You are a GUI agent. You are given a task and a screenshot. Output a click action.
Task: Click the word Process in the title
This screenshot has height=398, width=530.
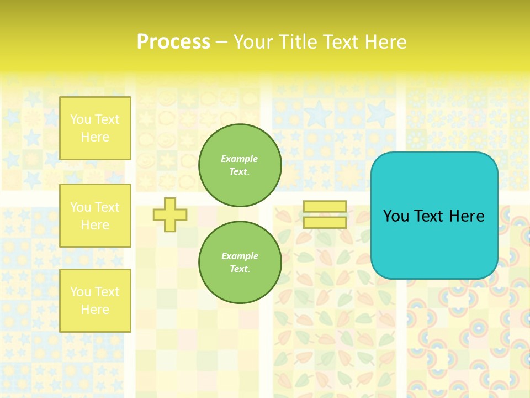tap(173, 41)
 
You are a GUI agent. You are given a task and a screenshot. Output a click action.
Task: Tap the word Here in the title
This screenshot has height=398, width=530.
tap(383, 42)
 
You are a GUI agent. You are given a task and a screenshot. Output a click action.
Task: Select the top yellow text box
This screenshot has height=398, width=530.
tap(95, 128)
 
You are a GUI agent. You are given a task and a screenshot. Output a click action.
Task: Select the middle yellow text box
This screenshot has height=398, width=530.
tap(95, 216)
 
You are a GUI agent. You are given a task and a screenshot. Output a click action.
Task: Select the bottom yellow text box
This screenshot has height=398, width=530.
tap(95, 301)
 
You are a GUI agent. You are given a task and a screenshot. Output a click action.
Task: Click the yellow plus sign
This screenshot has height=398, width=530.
tap(170, 214)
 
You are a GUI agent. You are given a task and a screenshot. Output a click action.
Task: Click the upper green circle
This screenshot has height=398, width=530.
tap(240, 165)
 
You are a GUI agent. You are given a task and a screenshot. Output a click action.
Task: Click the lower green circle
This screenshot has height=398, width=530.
tap(240, 263)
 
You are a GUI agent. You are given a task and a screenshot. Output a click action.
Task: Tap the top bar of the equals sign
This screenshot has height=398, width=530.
tap(325, 206)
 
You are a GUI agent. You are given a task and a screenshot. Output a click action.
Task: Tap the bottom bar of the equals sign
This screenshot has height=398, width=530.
tap(325, 222)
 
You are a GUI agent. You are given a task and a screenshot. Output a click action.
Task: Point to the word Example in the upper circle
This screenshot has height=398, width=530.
tap(240, 159)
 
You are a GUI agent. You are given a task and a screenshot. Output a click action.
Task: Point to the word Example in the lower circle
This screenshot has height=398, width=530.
tap(240, 256)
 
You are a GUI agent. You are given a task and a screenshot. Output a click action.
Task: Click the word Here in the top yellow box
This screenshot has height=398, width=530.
tap(95, 137)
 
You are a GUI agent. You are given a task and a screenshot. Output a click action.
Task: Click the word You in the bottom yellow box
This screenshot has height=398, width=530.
tap(81, 291)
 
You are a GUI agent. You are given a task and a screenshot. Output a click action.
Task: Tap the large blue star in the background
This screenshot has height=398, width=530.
tap(319, 113)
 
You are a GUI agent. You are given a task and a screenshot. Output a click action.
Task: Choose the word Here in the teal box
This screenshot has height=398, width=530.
tap(467, 216)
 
